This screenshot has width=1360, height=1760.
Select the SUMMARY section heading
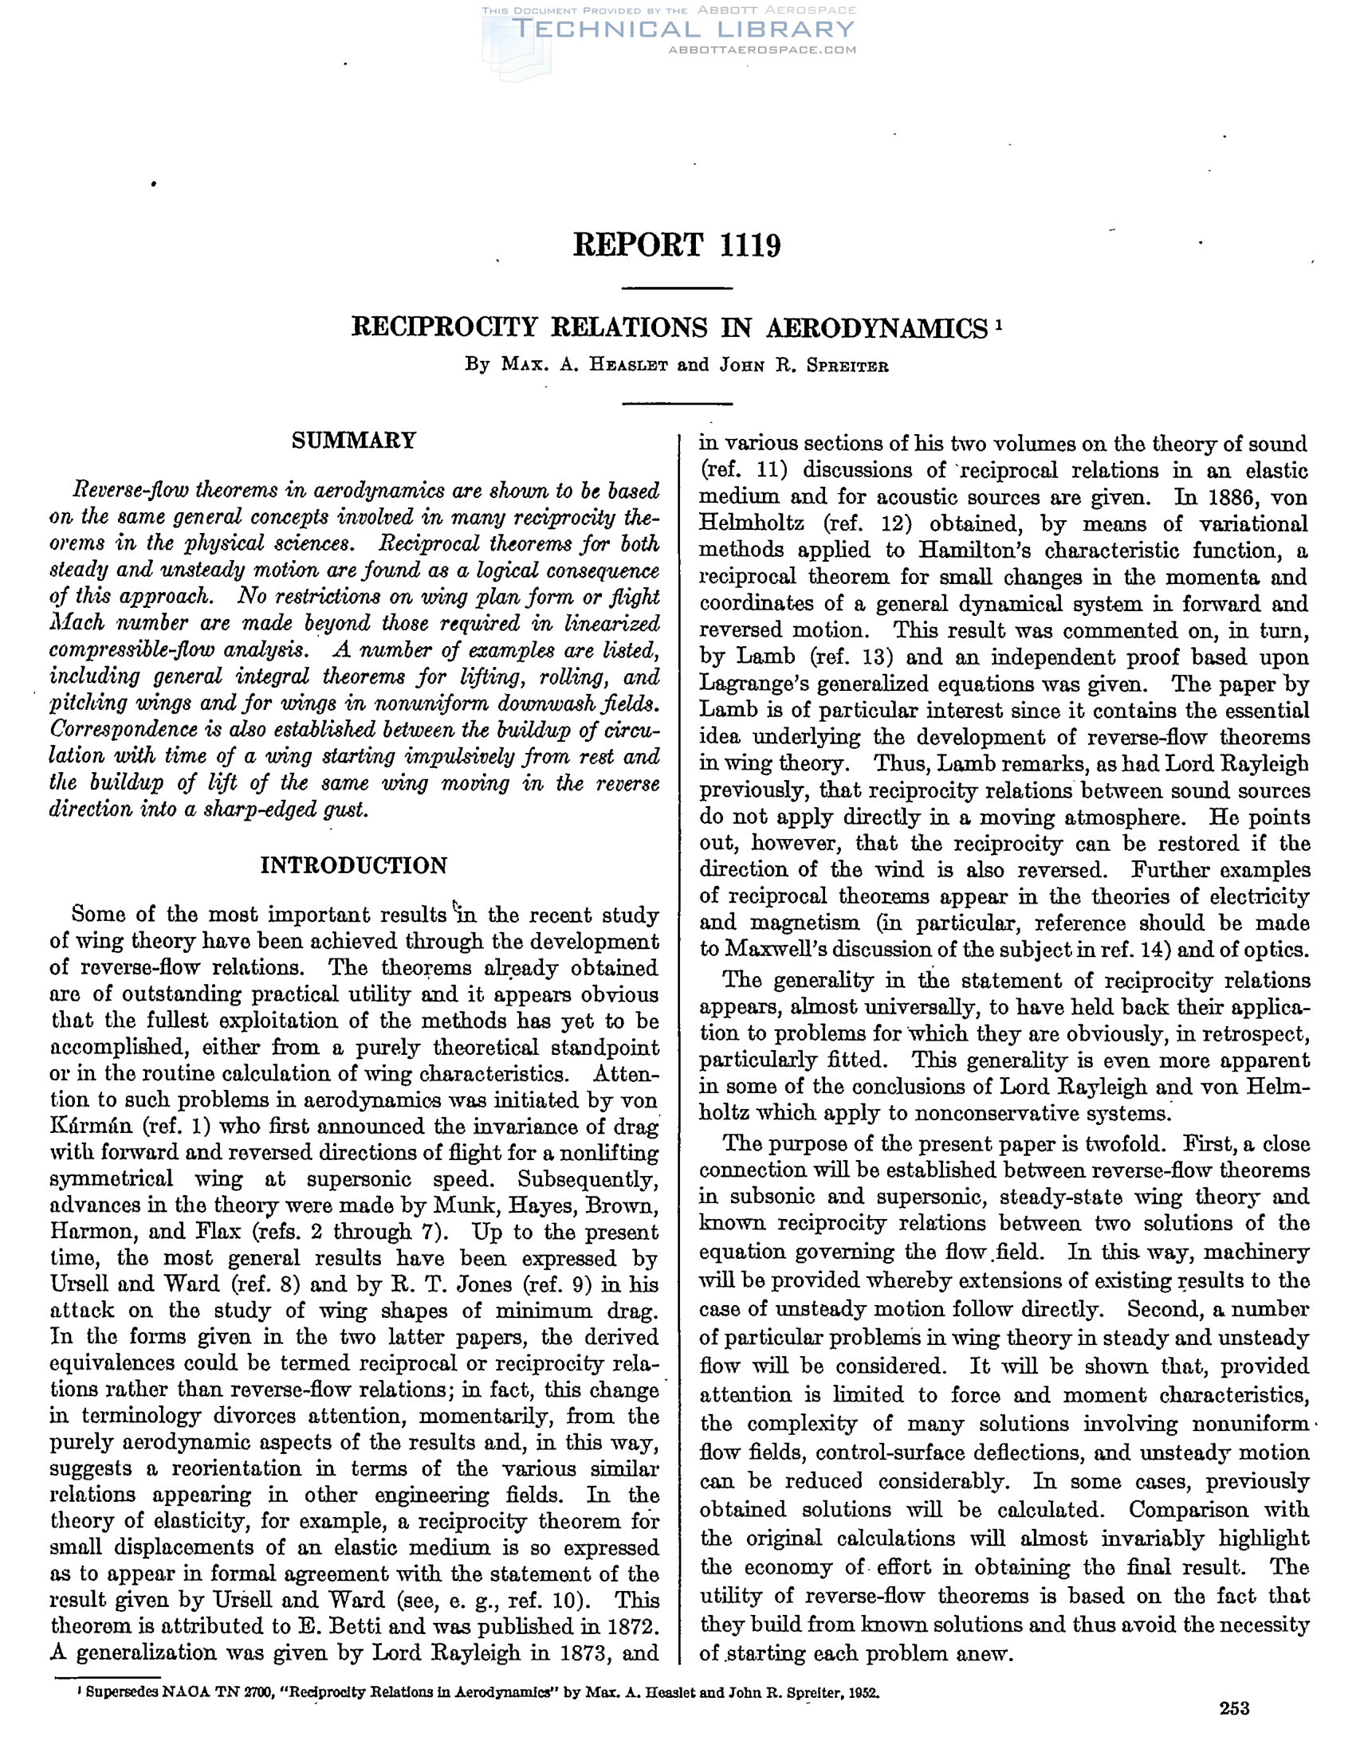click(354, 440)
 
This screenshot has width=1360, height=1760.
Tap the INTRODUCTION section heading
click(354, 865)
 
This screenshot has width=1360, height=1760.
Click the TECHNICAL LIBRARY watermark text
click(683, 29)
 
